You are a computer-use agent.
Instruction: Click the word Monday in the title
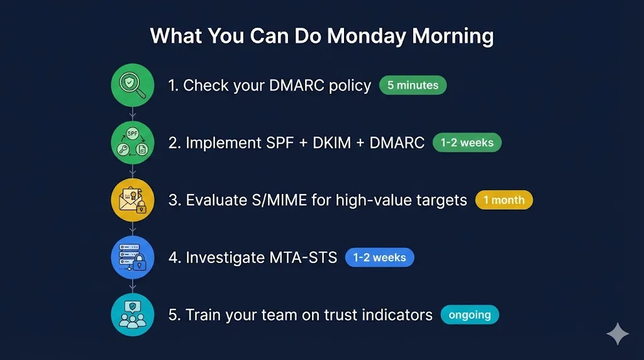point(366,36)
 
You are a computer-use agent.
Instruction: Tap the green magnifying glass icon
point(133,85)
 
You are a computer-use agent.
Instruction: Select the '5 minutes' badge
point(413,85)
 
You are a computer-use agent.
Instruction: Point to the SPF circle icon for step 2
point(133,143)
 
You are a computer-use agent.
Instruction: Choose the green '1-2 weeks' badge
point(467,143)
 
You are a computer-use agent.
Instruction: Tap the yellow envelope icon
point(133,200)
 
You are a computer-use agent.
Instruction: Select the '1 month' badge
point(504,200)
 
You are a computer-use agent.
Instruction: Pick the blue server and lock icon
point(133,257)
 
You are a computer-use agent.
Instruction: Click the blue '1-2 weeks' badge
point(379,257)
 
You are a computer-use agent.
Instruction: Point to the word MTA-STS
point(303,257)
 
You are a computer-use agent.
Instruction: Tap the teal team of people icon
point(133,315)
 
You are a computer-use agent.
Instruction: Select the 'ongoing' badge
point(470,315)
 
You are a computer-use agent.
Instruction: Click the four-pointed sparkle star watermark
point(618,334)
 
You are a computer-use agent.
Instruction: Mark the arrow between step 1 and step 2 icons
point(133,114)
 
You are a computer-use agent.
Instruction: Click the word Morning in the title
point(453,36)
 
